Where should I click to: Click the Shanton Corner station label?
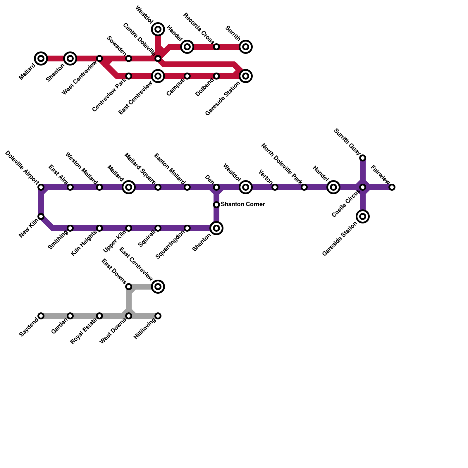point(242,204)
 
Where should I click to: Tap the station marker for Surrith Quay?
point(363,158)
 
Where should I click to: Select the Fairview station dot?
point(392,187)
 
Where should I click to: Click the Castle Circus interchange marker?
point(363,187)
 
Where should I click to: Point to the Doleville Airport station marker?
point(41,187)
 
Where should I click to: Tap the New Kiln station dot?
point(41,216)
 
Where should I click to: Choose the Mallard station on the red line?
point(41,58)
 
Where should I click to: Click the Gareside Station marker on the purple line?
point(363,216)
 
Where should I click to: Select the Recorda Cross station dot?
point(216,47)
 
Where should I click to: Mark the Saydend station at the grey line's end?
point(41,316)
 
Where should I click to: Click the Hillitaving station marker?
point(158,316)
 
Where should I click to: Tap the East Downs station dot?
point(129,287)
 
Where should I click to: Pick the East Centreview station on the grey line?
point(158,287)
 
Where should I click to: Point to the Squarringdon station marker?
point(187,228)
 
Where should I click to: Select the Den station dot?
point(216,187)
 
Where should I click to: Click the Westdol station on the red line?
point(158,29)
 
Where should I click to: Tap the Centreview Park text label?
point(109,97)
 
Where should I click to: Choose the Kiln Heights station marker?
point(99,228)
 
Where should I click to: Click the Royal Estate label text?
point(84,331)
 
